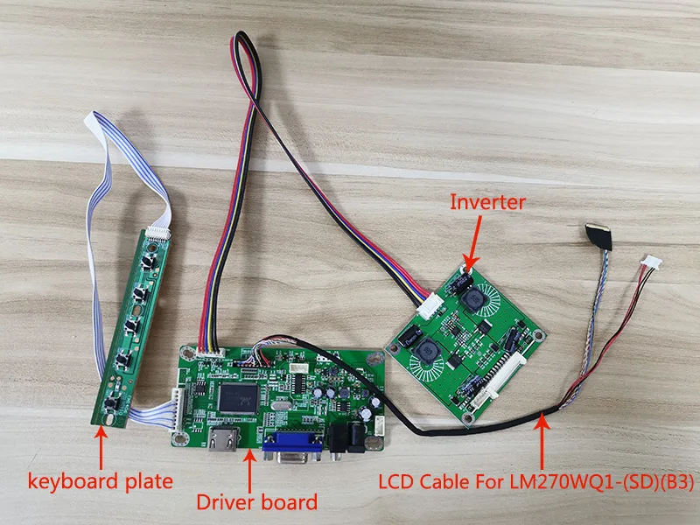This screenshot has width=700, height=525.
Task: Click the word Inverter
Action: point(487,202)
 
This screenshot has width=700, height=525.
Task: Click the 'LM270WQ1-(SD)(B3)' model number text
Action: point(601,480)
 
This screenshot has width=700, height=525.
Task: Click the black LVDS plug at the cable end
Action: point(601,230)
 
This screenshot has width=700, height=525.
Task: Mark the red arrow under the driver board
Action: point(251,472)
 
